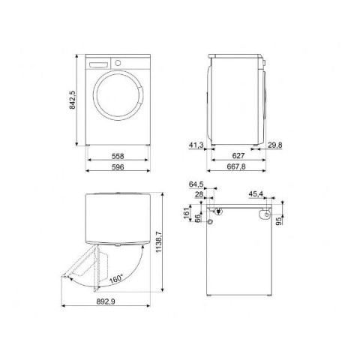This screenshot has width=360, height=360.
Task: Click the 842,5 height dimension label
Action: [x=72, y=100]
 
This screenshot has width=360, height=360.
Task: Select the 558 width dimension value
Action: [x=118, y=156]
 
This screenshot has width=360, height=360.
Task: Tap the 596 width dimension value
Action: [x=118, y=167]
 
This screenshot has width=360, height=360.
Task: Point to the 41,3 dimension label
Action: [x=196, y=145]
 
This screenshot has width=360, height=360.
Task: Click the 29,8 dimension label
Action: [x=275, y=145]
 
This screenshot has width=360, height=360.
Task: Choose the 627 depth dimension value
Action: [x=238, y=156]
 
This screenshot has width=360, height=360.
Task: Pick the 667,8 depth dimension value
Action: [x=236, y=166]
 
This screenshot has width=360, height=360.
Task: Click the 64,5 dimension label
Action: [x=196, y=184]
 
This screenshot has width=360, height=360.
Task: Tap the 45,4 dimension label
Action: [x=256, y=194]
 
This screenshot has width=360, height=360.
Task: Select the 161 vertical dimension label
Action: [x=187, y=213]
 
